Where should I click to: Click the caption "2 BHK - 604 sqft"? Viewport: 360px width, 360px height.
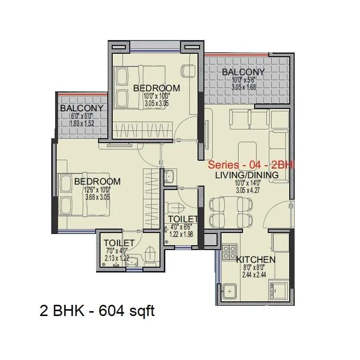[97, 310]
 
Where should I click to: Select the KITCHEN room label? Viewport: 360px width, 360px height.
[256, 259]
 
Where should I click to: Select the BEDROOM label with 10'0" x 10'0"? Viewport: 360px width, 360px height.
[157, 88]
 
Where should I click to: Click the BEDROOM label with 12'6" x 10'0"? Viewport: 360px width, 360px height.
[97, 181]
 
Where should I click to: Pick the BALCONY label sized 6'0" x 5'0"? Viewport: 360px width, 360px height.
[81, 108]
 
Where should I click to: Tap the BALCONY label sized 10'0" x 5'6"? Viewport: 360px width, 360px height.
[243, 72]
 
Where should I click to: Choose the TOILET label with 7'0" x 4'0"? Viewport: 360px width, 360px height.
[119, 243]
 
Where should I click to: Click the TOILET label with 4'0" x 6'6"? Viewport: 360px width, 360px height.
[183, 219]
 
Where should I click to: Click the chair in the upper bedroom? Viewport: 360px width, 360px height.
[187, 71]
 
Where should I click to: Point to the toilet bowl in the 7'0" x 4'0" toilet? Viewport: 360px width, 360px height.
[151, 255]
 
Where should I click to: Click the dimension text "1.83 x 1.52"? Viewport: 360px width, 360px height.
[81, 124]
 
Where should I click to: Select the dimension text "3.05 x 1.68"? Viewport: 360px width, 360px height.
[243, 88]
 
